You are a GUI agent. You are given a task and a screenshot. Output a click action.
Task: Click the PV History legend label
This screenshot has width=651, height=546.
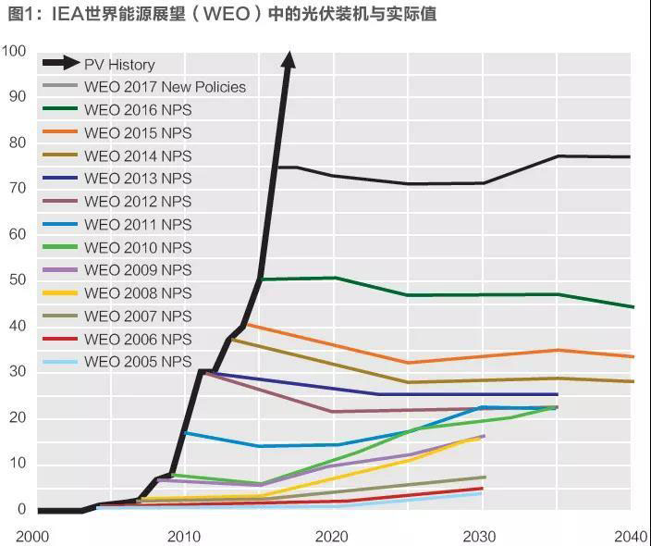(119, 65)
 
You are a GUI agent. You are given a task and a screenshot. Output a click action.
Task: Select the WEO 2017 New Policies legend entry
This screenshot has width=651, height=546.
(165, 87)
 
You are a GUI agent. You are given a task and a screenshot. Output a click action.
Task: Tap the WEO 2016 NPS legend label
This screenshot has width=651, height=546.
(138, 110)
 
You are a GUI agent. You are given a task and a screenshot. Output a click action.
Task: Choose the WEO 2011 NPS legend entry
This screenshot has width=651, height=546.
(138, 225)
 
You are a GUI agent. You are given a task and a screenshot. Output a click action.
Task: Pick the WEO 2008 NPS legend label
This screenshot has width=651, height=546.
(138, 293)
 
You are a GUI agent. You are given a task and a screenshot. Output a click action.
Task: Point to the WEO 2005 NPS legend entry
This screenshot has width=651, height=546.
(138, 362)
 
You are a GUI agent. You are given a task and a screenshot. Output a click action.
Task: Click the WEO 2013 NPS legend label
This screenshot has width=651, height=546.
(138, 179)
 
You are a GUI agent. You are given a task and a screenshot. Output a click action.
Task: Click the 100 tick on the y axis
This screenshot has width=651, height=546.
(15, 52)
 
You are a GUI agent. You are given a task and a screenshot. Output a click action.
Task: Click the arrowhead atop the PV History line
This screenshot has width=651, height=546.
(288, 60)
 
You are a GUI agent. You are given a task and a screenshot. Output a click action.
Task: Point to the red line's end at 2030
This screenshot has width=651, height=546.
(482, 489)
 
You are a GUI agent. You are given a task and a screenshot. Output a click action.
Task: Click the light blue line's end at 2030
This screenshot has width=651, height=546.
(481, 493)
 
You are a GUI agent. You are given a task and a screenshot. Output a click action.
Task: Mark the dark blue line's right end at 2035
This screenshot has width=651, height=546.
(557, 395)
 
